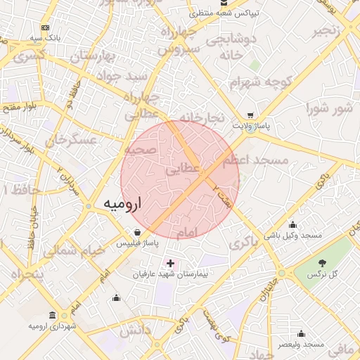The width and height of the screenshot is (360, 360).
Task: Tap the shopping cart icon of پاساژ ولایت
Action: click(x=251, y=115)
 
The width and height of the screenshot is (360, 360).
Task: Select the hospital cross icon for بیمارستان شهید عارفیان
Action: click(x=170, y=263)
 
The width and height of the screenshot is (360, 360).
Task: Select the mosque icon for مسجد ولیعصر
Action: click(x=301, y=334)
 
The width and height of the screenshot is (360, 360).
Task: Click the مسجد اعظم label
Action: click(x=255, y=161)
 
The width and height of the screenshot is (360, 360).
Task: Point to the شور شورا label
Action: click(x=327, y=108)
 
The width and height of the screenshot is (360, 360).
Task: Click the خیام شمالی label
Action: click(x=73, y=251)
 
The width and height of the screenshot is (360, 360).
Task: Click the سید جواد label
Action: click(x=122, y=75)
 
